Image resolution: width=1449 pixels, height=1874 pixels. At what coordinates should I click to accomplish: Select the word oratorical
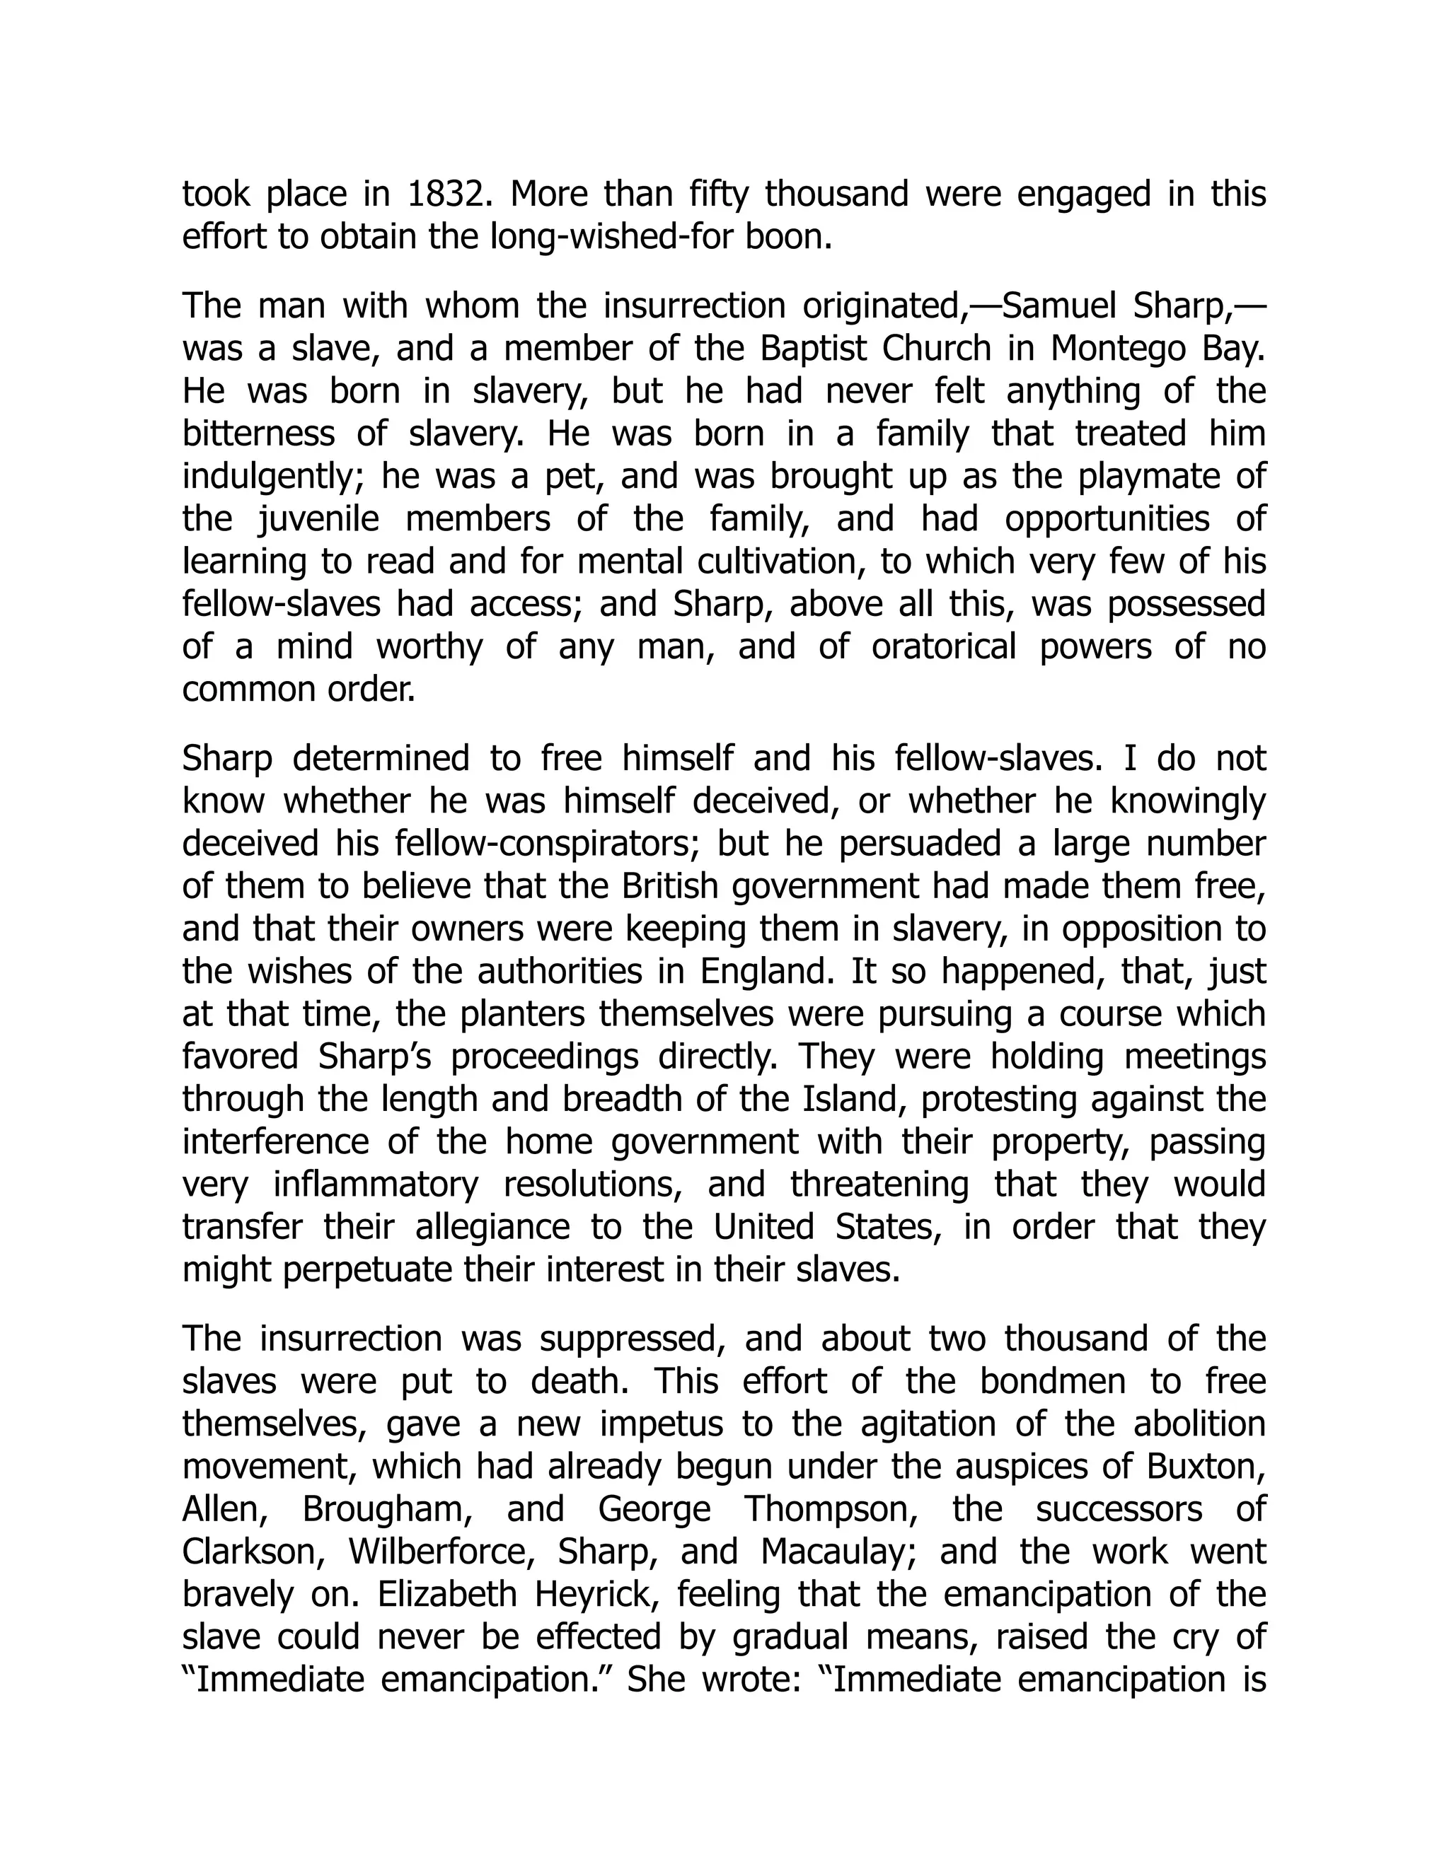coord(943,647)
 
